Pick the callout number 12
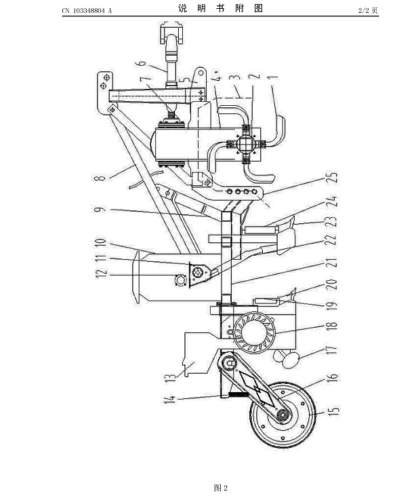[x=101, y=273]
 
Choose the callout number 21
[x=331, y=263]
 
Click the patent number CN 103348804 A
[x=87, y=11]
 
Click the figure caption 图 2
[x=221, y=488]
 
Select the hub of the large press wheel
[x=283, y=415]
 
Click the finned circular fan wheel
[x=254, y=332]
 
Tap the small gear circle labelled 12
[x=180, y=281]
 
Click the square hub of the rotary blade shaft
[x=246, y=143]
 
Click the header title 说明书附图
[x=220, y=8]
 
